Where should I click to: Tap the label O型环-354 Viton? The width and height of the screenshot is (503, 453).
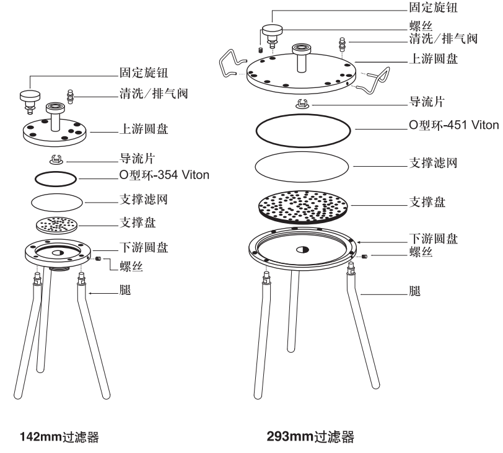[x=164, y=175]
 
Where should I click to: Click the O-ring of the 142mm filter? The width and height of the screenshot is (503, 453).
[x=56, y=177]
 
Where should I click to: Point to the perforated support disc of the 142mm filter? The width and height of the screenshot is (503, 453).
[x=56, y=223]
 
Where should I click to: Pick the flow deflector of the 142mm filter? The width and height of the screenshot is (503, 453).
[x=56, y=160]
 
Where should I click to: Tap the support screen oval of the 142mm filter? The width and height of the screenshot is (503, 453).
[x=56, y=201]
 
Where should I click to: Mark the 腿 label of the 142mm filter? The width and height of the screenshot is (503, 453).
[x=123, y=289]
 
